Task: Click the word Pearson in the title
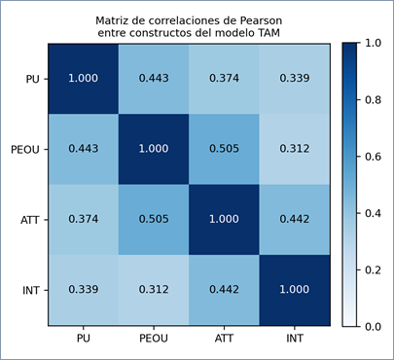point(261,20)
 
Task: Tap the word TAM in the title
point(269,33)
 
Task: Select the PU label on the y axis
point(32,79)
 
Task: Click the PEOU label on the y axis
point(25,150)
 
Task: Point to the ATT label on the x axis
point(224,339)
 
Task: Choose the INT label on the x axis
point(295,339)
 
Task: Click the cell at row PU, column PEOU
point(154,79)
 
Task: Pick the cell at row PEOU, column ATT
point(224,149)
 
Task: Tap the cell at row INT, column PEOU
point(154,290)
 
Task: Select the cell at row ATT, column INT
point(295,220)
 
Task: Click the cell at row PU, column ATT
point(224,79)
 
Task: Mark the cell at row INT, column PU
point(84,290)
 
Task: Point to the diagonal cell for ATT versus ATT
point(224,220)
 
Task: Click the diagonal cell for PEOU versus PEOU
point(154,149)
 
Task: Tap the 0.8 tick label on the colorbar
point(373,100)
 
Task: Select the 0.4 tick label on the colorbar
point(373,213)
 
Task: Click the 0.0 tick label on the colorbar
point(373,326)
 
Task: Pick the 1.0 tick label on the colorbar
point(373,43)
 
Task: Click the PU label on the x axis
point(84,339)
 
